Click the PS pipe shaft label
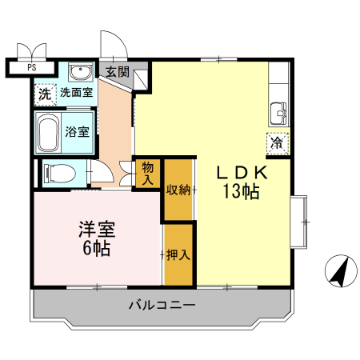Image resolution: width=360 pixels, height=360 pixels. coord(33,68)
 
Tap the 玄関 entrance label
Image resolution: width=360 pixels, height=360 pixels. coord(117,71)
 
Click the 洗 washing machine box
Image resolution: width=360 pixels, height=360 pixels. coord(45,94)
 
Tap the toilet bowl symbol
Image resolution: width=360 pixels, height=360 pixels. coord(60,172)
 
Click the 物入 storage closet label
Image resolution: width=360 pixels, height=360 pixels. coord(148,174)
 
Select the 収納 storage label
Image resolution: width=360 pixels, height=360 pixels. coord(178,190)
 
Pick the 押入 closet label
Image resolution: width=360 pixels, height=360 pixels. coord(178,256)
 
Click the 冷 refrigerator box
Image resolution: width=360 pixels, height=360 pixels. coord(277,144)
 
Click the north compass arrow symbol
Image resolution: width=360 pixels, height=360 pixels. coord(340,271)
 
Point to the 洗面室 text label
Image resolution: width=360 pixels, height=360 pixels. coord(76,93)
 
